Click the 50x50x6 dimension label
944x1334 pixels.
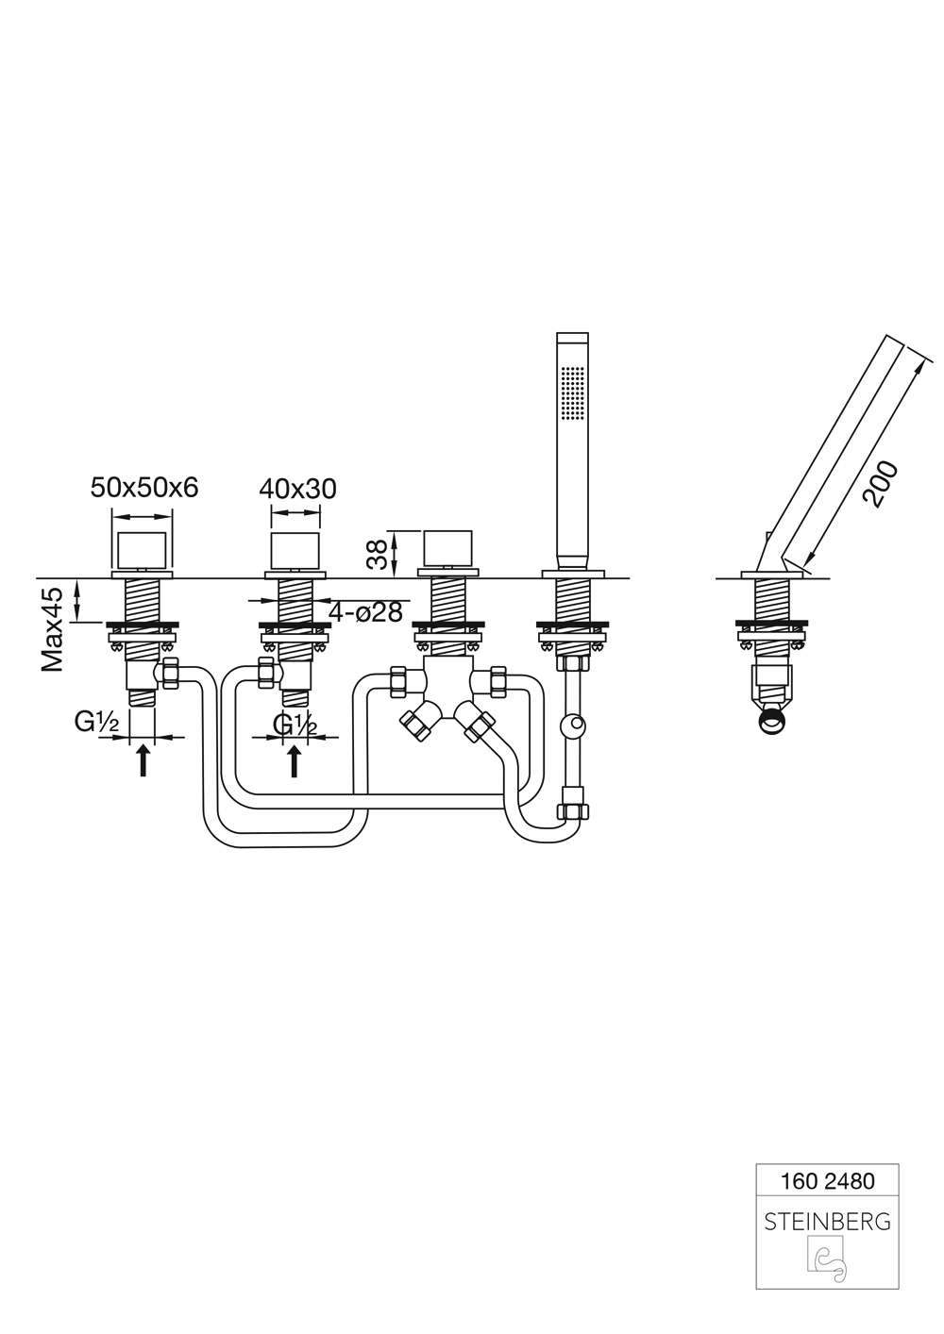(143, 488)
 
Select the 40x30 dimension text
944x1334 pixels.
(297, 489)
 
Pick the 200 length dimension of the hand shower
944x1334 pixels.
(880, 484)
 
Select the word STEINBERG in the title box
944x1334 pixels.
(827, 1222)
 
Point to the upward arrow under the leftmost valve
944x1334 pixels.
(143, 761)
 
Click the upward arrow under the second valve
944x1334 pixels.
(294, 761)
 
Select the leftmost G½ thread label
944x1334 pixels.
(96, 723)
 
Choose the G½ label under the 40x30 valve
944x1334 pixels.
(295, 725)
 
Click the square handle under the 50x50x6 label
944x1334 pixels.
(142, 551)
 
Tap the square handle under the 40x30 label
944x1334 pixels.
(295, 551)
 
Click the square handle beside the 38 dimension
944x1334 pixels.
(447, 551)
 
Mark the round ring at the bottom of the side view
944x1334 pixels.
(773, 725)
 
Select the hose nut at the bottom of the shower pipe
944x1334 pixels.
(572, 810)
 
